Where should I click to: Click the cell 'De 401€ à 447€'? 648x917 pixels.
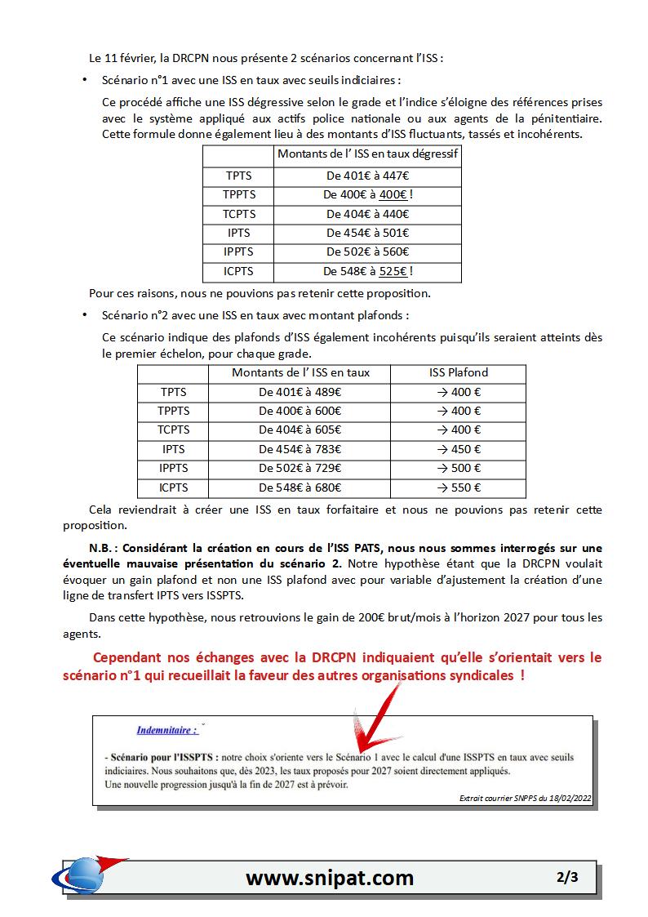(x=367, y=176)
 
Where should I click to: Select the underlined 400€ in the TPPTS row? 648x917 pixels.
(x=393, y=195)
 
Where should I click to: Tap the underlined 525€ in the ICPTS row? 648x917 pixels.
(x=393, y=271)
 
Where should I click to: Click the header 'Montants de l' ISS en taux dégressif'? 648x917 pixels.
(x=367, y=154)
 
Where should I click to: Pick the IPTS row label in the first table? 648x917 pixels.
(x=239, y=233)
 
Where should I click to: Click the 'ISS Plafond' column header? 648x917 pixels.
(x=459, y=373)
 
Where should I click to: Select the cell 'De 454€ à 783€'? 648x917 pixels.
(x=300, y=449)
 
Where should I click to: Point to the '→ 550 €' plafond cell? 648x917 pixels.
(x=459, y=487)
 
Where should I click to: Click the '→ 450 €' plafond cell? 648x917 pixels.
(x=459, y=449)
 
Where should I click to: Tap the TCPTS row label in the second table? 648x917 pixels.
(x=173, y=430)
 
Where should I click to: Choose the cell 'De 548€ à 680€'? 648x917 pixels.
(x=300, y=487)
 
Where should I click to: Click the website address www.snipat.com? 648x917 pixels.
(x=330, y=878)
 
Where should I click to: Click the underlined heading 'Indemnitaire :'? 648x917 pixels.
(x=166, y=730)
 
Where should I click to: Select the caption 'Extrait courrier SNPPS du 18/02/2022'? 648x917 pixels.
(x=526, y=798)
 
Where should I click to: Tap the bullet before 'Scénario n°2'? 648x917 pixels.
(x=85, y=315)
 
